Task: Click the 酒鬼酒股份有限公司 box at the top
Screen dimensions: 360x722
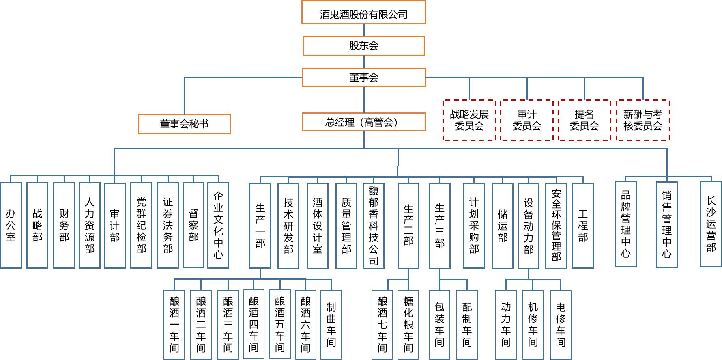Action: pyautogui.click(x=363, y=13)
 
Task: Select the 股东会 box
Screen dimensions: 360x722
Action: pyautogui.click(x=363, y=45)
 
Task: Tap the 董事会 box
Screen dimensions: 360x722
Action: pyautogui.click(x=363, y=77)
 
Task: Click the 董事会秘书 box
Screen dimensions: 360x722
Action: pyautogui.click(x=184, y=124)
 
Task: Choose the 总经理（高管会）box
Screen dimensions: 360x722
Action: pyautogui.click(x=363, y=122)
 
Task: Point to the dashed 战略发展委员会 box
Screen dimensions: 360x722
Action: pyautogui.click(x=469, y=120)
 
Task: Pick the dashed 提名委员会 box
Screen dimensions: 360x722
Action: pyautogui.click(x=584, y=120)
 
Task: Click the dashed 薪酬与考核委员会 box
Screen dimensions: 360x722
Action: pyautogui.click(x=643, y=120)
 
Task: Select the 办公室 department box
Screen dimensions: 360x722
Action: pyautogui.click(x=11, y=225)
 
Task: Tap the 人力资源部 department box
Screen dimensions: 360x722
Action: pyautogui.click(x=90, y=225)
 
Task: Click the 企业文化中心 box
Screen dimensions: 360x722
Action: pyautogui.click(x=218, y=225)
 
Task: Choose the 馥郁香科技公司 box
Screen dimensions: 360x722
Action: pyautogui.click(x=373, y=225)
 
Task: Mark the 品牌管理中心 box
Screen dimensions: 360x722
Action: pyautogui.click(x=626, y=224)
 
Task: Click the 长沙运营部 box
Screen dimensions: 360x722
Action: pyautogui.click(x=711, y=224)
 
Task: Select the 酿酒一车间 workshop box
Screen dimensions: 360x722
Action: pyautogui.click(x=174, y=324)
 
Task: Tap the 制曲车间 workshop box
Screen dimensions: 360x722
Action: pyautogui.click(x=331, y=324)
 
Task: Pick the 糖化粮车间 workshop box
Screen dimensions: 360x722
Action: pyautogui.click(x=408, y=324)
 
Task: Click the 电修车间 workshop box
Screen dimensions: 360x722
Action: pyautogui.click(x=561, y=325)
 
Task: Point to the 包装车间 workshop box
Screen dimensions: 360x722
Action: pyautogui.click(x=439, y=324)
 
